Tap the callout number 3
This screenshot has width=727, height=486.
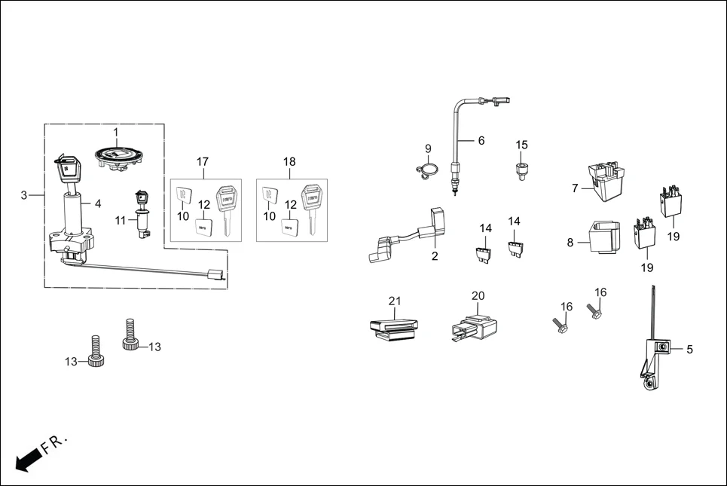pos(24,195)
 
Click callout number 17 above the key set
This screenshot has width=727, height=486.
pos(203,162)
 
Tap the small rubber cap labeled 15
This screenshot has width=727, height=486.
pos(521,169)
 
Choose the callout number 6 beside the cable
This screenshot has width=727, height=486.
pos(481,141)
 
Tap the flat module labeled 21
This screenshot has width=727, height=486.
pos(394,329)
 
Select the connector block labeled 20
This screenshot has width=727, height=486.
pos(474,327)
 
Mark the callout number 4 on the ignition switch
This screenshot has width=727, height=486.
pos(96,203)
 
